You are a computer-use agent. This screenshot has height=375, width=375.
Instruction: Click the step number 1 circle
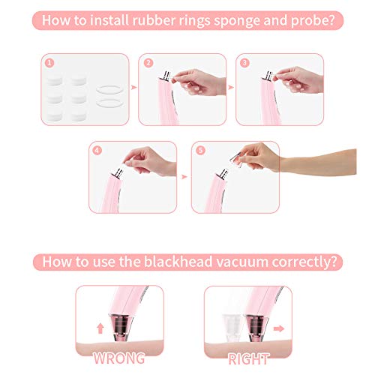click(49, 63)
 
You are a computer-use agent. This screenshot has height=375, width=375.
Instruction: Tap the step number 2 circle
click(148, 63)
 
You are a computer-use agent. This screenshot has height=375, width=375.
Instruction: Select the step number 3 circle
click(244, 63)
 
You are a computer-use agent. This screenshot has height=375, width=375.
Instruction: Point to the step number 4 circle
click(97, 151)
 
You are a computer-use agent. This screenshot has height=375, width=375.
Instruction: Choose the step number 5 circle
click(200, 151)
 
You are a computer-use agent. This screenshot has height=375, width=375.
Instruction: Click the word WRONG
click(119, 358)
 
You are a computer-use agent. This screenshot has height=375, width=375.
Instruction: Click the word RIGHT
click(248, 359)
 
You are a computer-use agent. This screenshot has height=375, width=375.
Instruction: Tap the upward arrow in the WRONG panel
click(100, 328)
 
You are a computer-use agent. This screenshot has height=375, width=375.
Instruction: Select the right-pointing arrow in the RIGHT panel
click(279, 328)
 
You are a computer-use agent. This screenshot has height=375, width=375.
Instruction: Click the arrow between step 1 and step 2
click(134, 87)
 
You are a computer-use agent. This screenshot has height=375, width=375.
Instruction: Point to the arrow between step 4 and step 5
click(184, 177)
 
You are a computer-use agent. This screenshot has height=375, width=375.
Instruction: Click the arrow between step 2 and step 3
click(231, 87)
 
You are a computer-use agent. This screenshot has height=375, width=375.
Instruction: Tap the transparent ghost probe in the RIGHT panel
click(232, 328)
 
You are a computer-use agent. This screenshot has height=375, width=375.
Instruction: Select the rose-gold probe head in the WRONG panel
click(121, 328)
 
